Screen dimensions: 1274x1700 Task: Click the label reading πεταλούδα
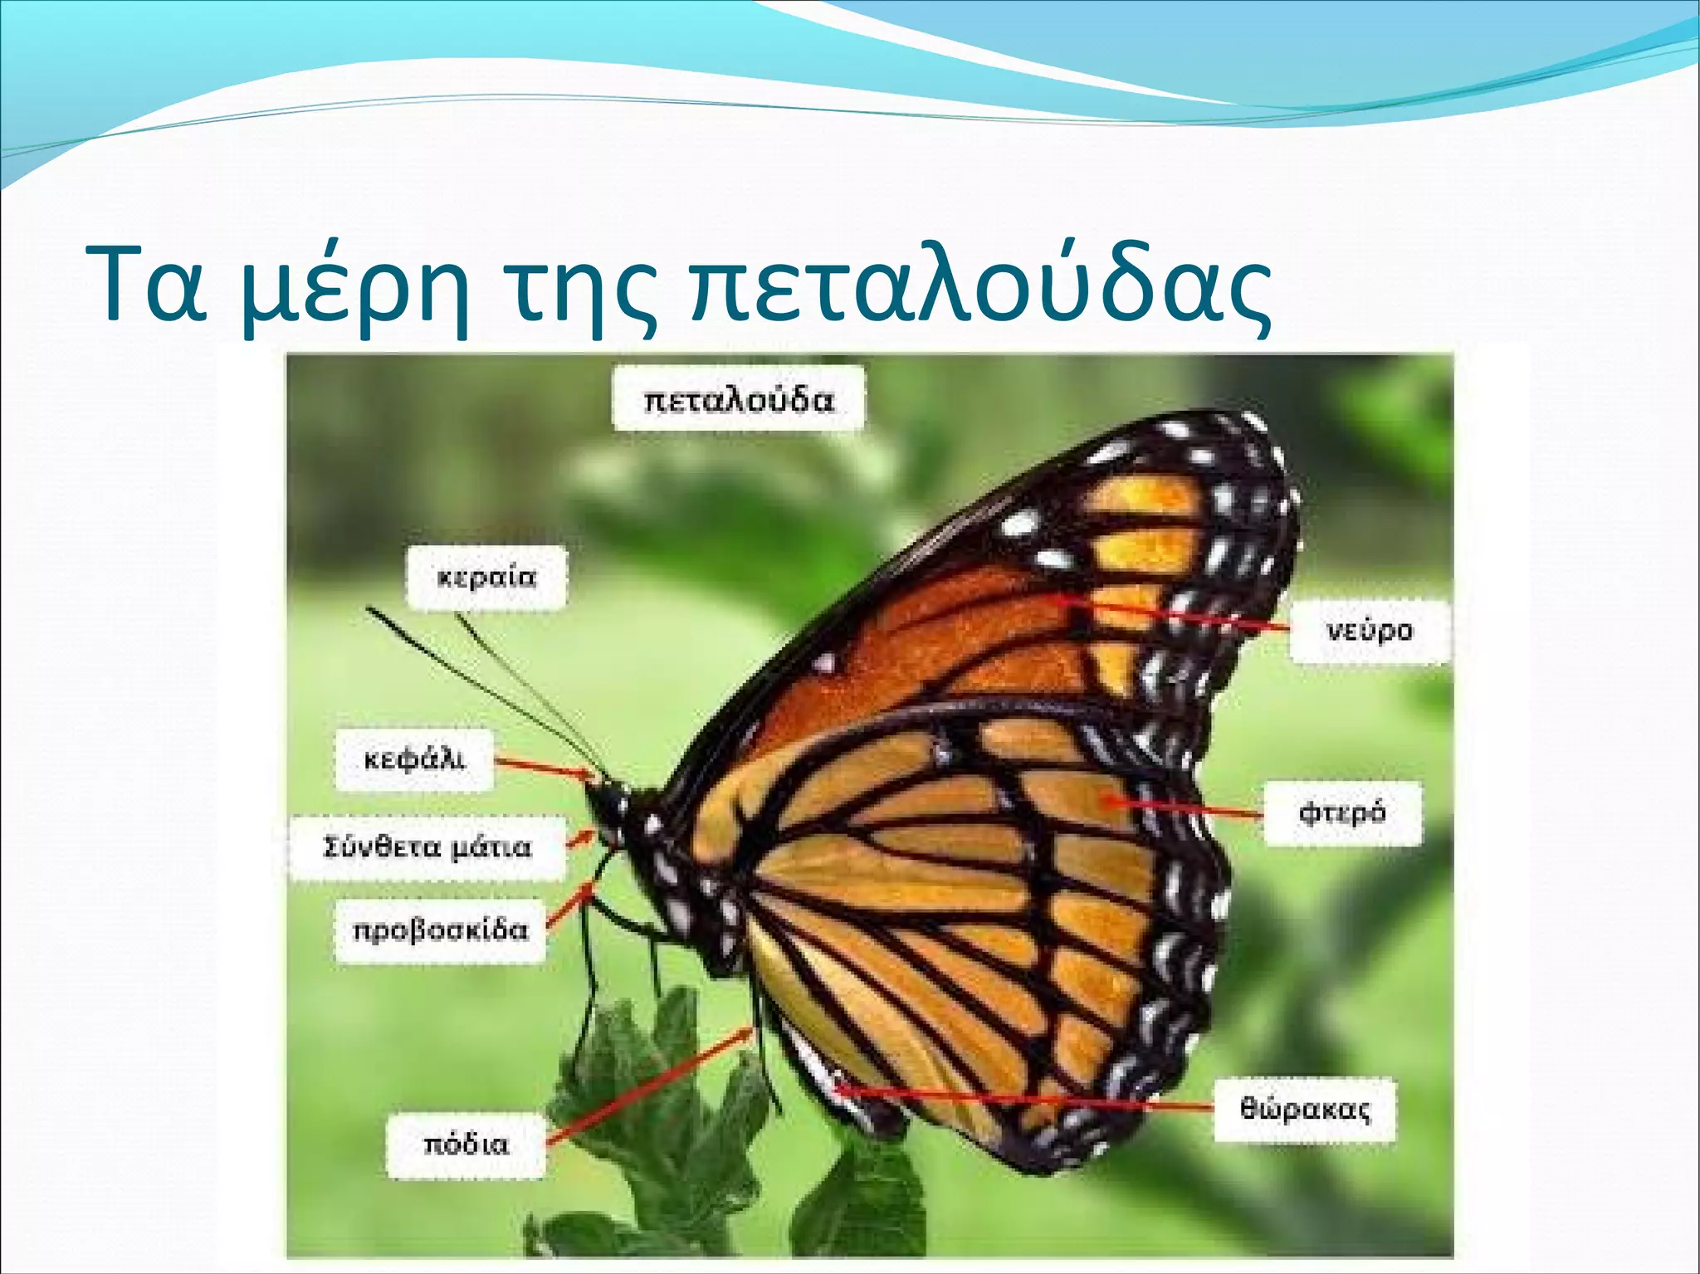738,399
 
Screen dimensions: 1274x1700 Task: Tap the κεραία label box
486,577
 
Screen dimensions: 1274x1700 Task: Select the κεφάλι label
414,759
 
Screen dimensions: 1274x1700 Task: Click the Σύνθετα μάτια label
427,847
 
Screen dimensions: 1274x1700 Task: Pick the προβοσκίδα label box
440,930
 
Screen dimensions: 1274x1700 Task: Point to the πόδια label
466,1145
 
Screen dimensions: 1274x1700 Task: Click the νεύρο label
1369,631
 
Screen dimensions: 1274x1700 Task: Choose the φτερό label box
1341,812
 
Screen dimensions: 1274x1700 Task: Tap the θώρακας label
1304,1110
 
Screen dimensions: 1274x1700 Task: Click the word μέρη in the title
356,286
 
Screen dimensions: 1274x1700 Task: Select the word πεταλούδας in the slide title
979,286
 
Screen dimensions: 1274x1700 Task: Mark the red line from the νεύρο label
1179,614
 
